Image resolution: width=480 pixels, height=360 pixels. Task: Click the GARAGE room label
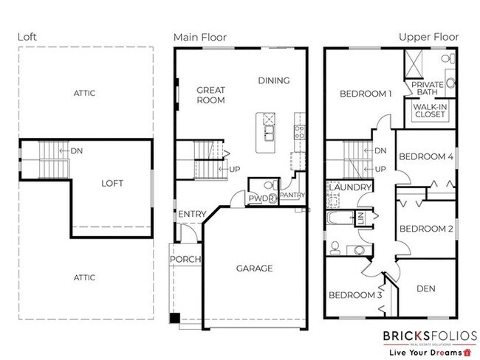pos(254,269)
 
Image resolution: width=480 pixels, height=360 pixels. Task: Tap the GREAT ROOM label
pos(210,95)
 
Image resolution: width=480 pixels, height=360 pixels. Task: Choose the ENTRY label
pos(191,215)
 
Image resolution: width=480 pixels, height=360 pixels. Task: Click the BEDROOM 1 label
pos(366,94)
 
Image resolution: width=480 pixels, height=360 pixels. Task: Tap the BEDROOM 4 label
pos(425,156)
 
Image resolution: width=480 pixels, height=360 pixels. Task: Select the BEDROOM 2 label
pos(425,229)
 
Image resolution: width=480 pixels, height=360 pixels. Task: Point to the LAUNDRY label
pos(349,188)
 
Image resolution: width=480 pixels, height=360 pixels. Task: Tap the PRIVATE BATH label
pos(428,89)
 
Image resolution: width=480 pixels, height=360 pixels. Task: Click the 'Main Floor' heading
pos(199,37)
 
